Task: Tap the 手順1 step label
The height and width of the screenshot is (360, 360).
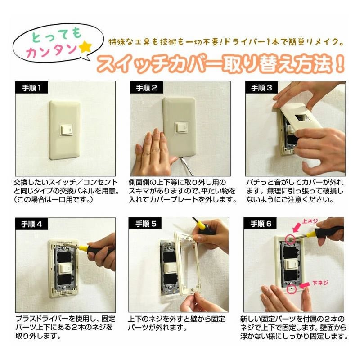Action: tap(31, 88)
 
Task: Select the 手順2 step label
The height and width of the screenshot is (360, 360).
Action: tap(147, 88)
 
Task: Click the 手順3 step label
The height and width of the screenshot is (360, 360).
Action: tap(261, 88)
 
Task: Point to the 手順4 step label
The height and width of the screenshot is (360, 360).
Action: tap(31, 224)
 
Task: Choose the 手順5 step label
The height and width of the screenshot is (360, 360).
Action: tap(146, 224)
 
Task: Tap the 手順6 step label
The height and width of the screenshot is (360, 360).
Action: tap(261, 224)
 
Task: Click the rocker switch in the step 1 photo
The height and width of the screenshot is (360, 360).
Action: tap(66, 130)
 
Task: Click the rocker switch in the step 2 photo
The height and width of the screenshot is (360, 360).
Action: tap(181, 127)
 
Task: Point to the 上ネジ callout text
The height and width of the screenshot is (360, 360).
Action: tap(310, 221)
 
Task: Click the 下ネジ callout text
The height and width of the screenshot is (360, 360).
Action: tap(320, 283)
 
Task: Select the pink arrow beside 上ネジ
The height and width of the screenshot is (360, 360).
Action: tap(297, 227)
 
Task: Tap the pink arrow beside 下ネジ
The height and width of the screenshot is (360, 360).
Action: tap(306, 285)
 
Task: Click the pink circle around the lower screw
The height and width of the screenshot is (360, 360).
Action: tap(292, 289)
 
